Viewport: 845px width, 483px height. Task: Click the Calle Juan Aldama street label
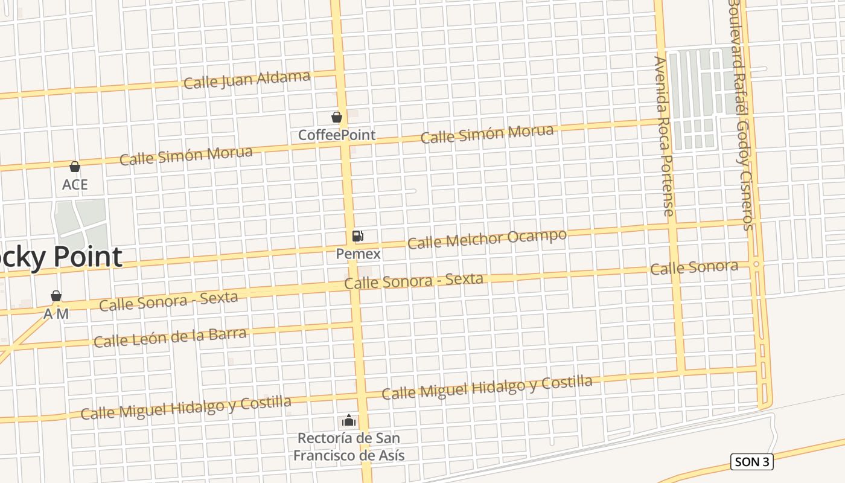247,80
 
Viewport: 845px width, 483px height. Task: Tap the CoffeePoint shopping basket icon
337,117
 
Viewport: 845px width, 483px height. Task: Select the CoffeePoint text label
337,135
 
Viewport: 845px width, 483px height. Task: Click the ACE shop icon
75,167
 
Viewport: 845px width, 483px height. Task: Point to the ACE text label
75,185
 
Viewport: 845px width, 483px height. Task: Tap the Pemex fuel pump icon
358,236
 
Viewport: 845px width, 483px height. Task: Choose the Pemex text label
358,254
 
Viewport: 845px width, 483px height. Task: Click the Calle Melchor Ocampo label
486,239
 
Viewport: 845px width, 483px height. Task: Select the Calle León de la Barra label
170,337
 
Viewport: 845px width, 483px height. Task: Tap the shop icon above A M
56,296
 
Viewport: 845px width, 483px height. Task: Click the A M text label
56,314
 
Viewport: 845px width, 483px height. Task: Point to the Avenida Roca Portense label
663,136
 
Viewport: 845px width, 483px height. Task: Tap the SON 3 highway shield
751,462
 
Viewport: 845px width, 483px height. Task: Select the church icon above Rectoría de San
348,420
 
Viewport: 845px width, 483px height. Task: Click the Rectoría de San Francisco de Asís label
349,447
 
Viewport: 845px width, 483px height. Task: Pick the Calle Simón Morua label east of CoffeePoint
486,134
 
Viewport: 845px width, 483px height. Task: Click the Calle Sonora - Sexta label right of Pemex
413,281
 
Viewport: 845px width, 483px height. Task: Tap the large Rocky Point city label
60,257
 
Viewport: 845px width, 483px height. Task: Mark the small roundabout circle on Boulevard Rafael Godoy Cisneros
756,264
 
